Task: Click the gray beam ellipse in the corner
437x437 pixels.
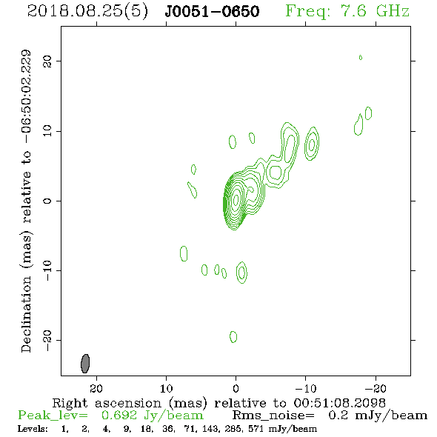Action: click(x=85, y=364)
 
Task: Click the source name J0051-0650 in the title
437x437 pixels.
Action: click(x=212, y=11)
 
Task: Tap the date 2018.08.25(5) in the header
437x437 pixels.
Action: click(x=87, y=12)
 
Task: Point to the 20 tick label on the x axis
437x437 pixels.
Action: click(x=96, y=388)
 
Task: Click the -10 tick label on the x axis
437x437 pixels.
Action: click(x=305, y=388)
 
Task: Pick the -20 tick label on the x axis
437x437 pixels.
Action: click(x=376, y=388)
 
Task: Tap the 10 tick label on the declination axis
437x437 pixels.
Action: click(x=47, y=131)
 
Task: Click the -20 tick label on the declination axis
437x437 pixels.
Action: click(x=47, y=340)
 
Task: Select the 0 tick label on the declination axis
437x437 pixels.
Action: click(x=47, y=201)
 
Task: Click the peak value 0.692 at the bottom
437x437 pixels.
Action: click(x=119, y=416)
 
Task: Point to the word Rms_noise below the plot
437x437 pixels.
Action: click(x=273, y=416)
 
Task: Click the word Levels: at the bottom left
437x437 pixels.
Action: click(x=33, y=429)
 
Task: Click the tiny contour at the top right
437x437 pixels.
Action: click(x=361, y=58)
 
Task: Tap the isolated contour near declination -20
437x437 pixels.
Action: click(x=233, y=337)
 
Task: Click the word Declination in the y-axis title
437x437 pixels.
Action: click(x=26, y=314)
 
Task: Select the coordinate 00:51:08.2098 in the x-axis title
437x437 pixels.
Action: click(x=339, y=403)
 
